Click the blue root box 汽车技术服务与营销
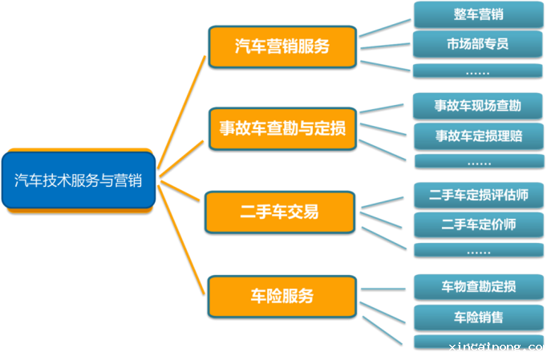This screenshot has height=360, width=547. tap(79, 180)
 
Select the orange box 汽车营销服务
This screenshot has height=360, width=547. tap(282, 47)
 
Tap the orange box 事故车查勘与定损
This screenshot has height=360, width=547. tap(282, 129)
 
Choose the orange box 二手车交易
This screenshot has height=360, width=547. tap(280, 212)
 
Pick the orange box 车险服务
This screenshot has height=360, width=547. tap(282, 297)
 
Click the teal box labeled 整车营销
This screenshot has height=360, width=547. tap(478, 14)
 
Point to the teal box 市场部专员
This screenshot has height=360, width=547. tap(477, 44)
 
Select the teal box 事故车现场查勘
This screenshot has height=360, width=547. tap(477, 106)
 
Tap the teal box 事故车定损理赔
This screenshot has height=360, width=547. tap(479, 136)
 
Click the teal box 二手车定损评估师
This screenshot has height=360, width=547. tap(479, 195)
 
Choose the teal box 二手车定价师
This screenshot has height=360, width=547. tap(479, 224)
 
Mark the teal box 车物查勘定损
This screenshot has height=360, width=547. tap(479, 287)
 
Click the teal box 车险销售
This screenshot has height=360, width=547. tap(479, 318)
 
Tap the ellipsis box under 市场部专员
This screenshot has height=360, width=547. tap(477, 71)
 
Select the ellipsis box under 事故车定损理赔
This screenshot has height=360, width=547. tap(479, 161)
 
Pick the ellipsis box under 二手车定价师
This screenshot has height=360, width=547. tap(479, 250)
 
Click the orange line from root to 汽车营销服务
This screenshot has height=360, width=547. tap(181, 112)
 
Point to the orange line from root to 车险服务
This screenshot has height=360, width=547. tap(181, 240)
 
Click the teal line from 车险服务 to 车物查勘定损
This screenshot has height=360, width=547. tap(383, 289)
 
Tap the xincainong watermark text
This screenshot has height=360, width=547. tap(496, 346)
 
